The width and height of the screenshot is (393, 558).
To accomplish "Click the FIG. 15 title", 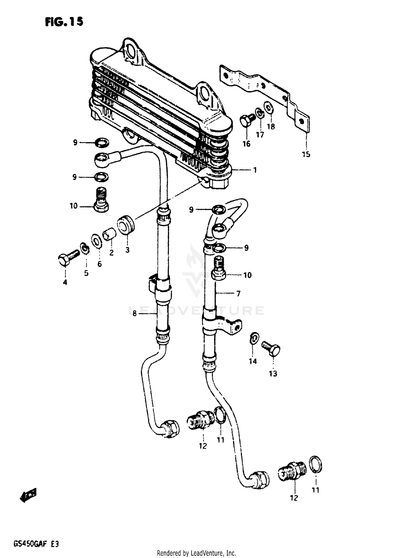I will [64, 21].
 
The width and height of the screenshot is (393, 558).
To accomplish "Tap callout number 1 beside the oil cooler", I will [254, 170].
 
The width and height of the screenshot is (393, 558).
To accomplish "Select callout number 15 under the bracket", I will [306, 154].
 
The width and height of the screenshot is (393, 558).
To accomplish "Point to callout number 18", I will [271, 126].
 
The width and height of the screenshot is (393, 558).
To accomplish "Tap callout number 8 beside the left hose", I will [134, 313].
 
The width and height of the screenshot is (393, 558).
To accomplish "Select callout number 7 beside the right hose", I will [238, 294].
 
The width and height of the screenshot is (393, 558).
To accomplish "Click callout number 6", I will [100, 264].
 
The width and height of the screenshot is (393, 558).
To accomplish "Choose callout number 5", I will [86, 273].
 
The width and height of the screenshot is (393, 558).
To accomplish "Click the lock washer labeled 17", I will [260, 113].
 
